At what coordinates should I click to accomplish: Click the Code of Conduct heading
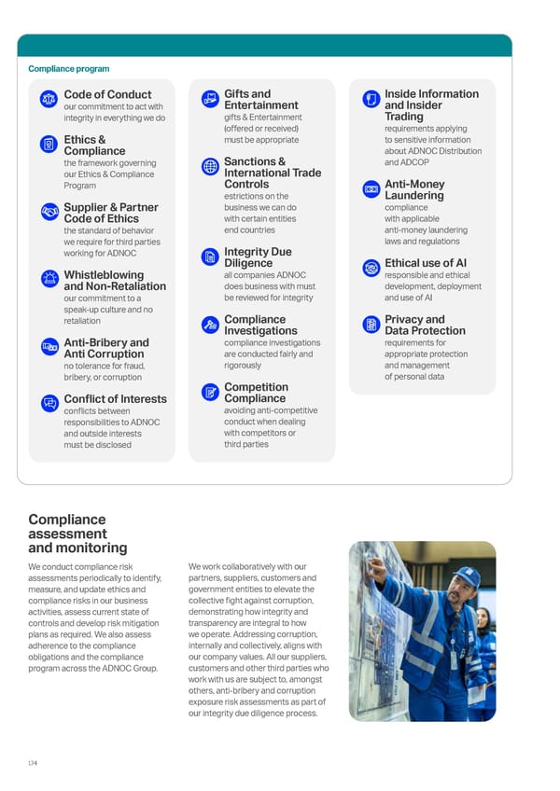point(107,94)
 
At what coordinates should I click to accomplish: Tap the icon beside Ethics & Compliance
point(49,145)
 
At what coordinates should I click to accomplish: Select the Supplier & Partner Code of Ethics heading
point(110,213)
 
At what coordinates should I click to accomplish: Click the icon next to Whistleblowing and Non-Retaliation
point(49,279)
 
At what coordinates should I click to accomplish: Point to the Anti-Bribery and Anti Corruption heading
point(105,348)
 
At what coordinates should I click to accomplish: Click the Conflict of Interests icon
point(49,403)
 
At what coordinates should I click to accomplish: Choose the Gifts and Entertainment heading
point(261,100)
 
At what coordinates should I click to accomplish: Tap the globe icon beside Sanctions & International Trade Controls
point(210,167)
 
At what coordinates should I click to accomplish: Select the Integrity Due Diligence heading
point(258,257)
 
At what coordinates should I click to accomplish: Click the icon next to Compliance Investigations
point(210,325)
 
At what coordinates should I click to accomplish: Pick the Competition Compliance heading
point(256,393)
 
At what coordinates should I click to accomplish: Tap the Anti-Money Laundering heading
point(414,190)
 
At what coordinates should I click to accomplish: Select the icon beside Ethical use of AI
point(371,269)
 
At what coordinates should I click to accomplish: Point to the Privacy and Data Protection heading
point(425,325)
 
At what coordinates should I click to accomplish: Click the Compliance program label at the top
point(68,69)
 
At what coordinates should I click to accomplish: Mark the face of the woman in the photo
point(483,619)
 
